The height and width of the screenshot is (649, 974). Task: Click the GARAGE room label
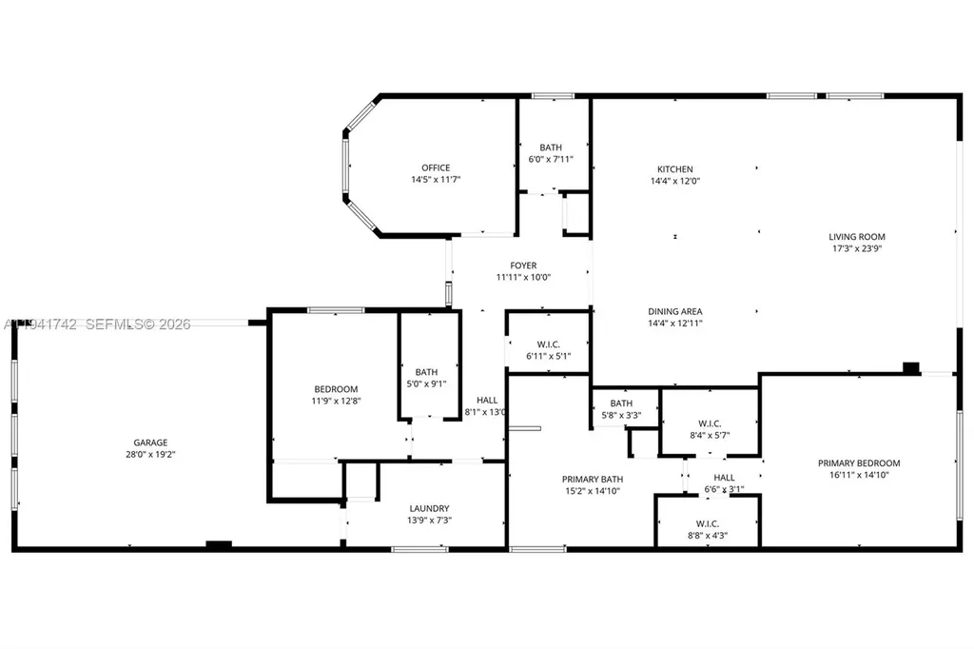point(150,442)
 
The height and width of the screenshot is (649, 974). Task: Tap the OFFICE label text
point(437,168)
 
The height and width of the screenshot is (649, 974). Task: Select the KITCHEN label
point(675,169)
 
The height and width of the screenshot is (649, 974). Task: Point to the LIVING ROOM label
point(857,237)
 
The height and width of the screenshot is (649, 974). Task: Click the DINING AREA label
point(675,311)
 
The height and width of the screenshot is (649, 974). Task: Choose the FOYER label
point(523,265)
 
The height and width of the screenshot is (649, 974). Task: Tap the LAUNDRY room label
point(429,508)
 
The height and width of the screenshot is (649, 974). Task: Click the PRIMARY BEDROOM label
point(859,463)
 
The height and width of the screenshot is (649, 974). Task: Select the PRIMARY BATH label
point(592,480)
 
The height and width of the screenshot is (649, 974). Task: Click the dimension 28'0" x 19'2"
point(150,454)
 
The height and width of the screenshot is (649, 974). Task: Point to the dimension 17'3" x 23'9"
point(857,248)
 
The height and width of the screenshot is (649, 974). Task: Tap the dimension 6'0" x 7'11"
point(551,159)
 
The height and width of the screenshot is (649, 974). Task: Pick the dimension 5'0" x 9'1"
point(426,383)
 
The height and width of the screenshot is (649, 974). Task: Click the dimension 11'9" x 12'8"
point(337,401)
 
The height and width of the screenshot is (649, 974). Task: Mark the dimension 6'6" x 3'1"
point(724,490)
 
